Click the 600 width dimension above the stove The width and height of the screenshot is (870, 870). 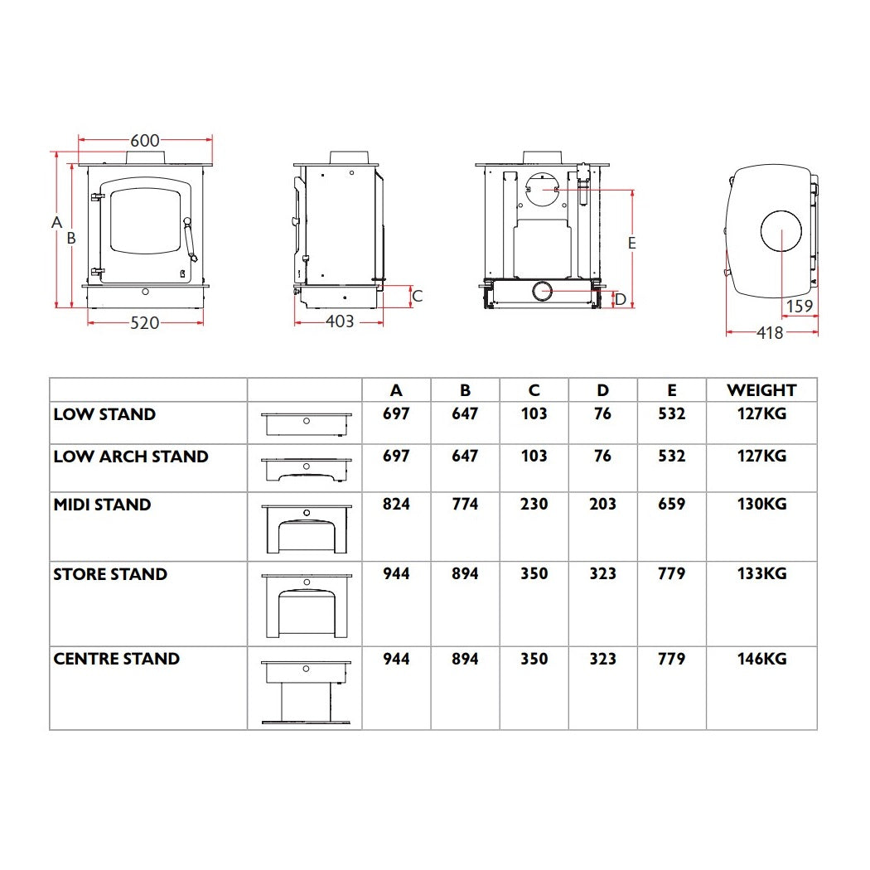coord(145,140)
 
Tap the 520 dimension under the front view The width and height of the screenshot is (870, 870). coord(145,323)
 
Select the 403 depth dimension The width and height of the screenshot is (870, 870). coord(340,321)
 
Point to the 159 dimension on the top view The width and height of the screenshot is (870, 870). coord(799,306)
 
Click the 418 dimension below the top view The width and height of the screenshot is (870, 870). coord(770,332)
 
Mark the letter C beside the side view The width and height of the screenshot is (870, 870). coord(418,297)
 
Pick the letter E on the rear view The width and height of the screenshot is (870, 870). coord(631,243)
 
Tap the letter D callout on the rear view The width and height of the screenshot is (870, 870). coord(621,300)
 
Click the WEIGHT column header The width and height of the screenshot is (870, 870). coord(761,390)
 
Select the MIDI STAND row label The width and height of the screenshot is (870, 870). coord(102,505)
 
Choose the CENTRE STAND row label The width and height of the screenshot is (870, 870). coord(117,659)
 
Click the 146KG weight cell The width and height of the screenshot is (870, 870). coord(761,659)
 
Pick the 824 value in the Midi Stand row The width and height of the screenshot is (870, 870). coord(396,505)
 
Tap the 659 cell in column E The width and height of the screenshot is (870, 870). coord(671,505)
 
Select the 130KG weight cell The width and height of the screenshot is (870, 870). coord(761,505)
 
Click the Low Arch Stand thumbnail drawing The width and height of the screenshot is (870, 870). coord(307,470)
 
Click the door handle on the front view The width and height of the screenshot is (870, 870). coord(190,239)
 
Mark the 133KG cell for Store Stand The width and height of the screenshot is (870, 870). coord(761,573)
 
